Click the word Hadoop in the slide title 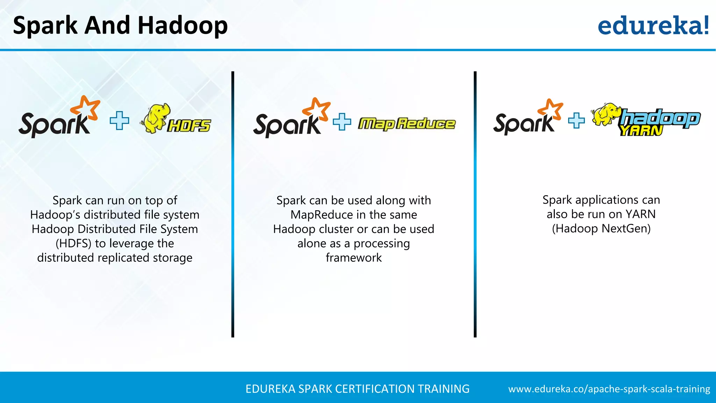coord(182,26)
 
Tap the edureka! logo coord(653,26)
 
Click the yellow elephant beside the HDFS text coord(156,118)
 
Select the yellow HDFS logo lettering coord(189,126)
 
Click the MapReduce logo coord(407,123)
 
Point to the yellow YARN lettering coord(641,130)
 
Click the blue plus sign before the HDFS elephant coord(119,121)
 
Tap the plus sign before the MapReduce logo coord(342,122)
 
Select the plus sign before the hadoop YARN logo coord(576,121)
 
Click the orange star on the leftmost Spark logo coord(86,107)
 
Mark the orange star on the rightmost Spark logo coord(551,109)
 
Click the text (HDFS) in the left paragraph coord(73,243)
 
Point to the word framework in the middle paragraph coord(353,258)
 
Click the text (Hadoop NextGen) coord(601,228)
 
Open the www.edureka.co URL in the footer coord(609,389)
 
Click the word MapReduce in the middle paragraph coord(322,215)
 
